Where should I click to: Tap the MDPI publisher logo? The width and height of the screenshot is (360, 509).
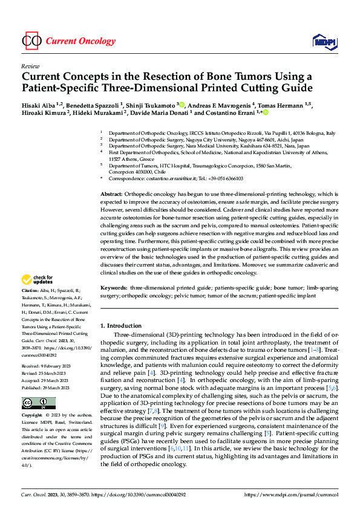[324, 41]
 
